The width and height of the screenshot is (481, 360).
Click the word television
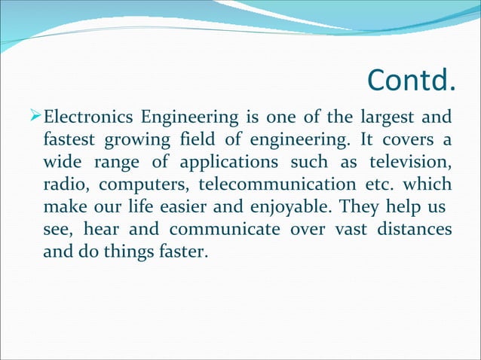411,163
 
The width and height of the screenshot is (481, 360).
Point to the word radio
63,185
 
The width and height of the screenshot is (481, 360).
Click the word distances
413,230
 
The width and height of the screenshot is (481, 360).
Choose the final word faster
180,252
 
